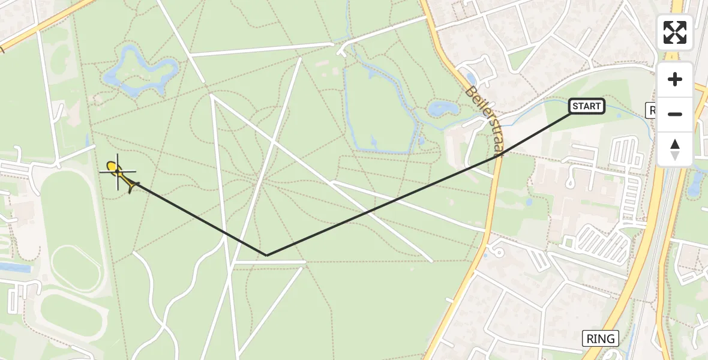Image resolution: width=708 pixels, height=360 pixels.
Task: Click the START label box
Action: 586,107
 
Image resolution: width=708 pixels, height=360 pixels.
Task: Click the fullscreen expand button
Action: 674,32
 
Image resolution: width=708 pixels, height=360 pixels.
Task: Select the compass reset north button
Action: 674,149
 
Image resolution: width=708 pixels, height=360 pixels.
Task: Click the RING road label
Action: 601,338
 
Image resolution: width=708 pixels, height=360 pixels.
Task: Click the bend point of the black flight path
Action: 266,255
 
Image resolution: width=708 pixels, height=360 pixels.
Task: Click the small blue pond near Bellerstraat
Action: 442,109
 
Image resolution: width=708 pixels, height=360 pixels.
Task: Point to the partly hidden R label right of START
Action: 652,110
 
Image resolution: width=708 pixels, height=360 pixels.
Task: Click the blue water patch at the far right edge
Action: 695,182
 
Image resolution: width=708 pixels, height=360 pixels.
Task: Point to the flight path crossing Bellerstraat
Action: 497,153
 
